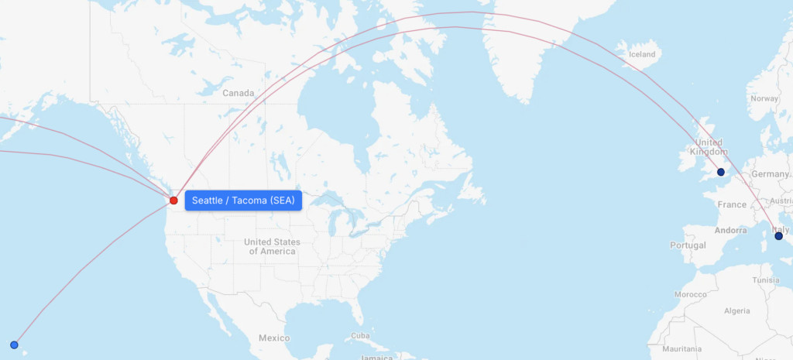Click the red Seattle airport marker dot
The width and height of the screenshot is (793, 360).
[x=173, y=201]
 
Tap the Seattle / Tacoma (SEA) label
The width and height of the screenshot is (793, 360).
[x=243, y=201]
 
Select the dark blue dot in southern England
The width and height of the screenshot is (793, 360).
[x=721, y=172]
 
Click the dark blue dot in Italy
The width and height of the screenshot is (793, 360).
[x=778, y=236]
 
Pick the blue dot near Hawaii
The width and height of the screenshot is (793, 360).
[x=14, y=345]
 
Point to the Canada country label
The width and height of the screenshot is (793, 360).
[x=238, y=93]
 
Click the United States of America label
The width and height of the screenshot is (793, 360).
[x=272, y=247]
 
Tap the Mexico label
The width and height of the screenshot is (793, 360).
[x=274, y=338]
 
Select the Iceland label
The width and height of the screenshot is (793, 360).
[x=642, y=54]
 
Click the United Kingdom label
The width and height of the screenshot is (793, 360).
[x=709, y=147]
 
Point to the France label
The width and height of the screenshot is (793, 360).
[x=732, y=205]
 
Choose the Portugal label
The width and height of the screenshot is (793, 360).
[x=689, y=245]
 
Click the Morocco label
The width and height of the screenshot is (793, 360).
[x=690, y=295]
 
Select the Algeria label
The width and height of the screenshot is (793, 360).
[x=736, y=310]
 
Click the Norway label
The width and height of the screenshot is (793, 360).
[x=764, y=99]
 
